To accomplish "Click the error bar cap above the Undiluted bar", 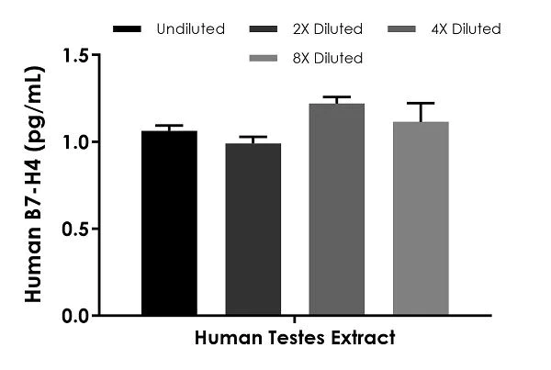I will tap(169, 126).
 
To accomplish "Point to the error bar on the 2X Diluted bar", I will tap(253, 138).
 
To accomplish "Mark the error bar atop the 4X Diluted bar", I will tap(336, 97).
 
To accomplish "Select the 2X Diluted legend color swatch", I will tap(267, 29).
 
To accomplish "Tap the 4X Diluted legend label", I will tap(467, 29).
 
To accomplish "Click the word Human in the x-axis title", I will tap(225, 338).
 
